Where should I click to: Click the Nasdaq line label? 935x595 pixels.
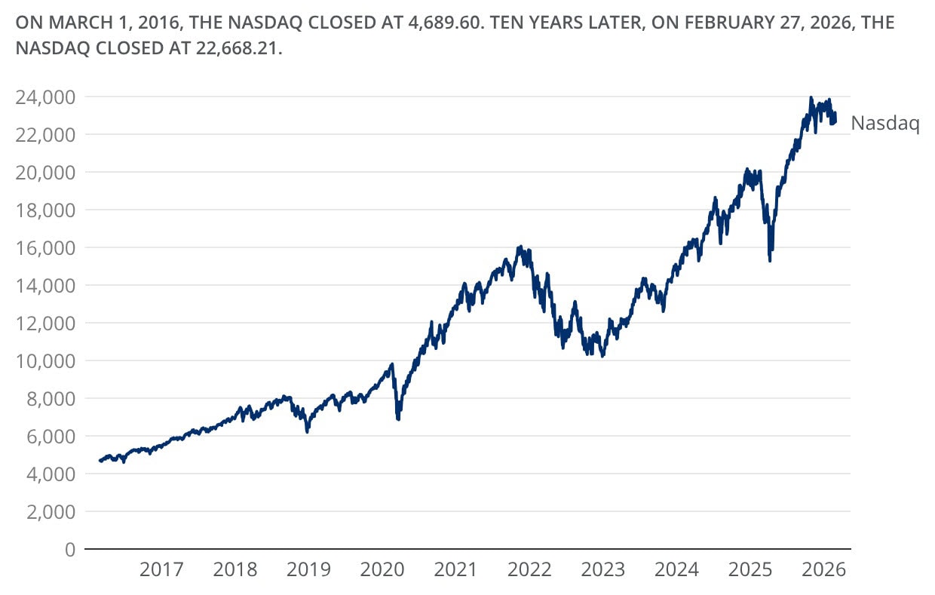pyautogui.click(x=884, y=124)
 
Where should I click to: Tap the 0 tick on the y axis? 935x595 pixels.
pyautogui.click(x=69, y=549)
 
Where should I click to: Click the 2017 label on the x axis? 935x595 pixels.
pyautogui.click(x=161, y=569)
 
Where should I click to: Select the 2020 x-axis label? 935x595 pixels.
pyautogui.click(x=383, y=569)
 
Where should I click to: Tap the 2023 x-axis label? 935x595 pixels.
pyautogui.click(x=604, y=569)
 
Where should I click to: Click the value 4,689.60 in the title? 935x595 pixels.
pyautogui.click(x=458, y=23)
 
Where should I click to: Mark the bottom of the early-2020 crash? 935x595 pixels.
pyautogui.click(x=398, y=419)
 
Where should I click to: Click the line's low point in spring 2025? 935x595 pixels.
pyautogui.click(x=769, y=260)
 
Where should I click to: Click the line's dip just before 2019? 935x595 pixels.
pyautogui.click(x=307, y=431)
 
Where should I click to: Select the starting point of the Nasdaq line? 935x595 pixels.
pyautogui.click(x=100, y=461)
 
